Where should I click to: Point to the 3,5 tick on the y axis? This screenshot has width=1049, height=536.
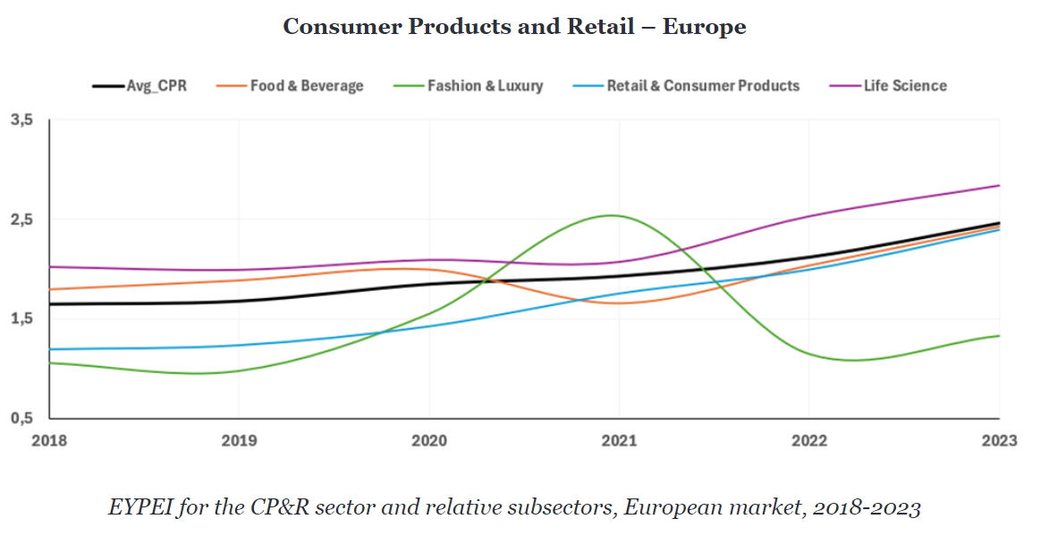click(x=21, y=119)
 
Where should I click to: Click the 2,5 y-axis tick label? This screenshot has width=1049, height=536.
click(x=21, y=219)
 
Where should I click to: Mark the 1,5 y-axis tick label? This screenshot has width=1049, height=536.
click(x=21, y=319)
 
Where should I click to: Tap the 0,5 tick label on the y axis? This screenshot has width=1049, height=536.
click(x=21, y=418)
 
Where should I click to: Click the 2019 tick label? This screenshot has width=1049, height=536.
click(x=239, y=441)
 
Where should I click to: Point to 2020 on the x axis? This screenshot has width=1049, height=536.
click(x=429, y=441)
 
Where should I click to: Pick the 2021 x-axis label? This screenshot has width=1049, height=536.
click(x=619, y=441)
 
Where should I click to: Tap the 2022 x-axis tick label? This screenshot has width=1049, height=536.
click(x=809, y=441)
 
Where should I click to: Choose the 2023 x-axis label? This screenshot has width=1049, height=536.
click(x=998, y=441)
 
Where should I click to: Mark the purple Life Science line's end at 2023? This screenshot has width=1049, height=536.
click(x=999, y=185)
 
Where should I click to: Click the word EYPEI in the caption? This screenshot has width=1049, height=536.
click(x=139, y=508)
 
